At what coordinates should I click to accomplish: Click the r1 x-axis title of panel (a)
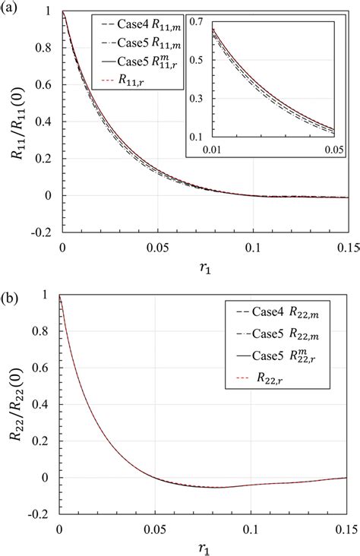[x=202, y=270]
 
